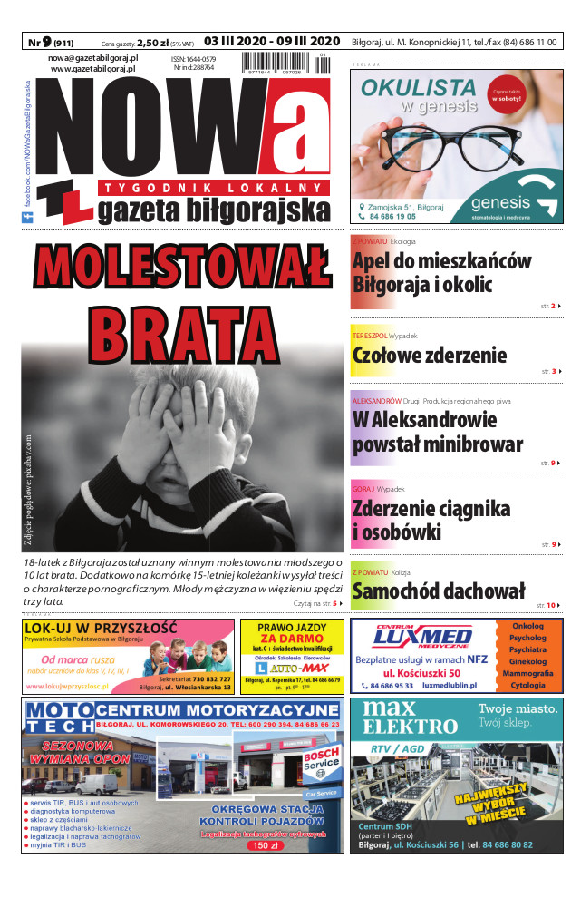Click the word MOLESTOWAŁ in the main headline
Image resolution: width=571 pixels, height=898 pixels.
(181, 266)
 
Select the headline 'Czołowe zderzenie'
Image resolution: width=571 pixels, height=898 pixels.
(429, 355)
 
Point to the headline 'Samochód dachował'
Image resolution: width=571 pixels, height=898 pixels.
(438, 591)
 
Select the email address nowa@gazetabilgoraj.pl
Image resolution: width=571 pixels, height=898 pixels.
(92, 57)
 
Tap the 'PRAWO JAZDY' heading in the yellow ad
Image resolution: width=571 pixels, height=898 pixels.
(291, 628)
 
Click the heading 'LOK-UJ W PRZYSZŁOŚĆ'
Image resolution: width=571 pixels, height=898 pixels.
(102, 628)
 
